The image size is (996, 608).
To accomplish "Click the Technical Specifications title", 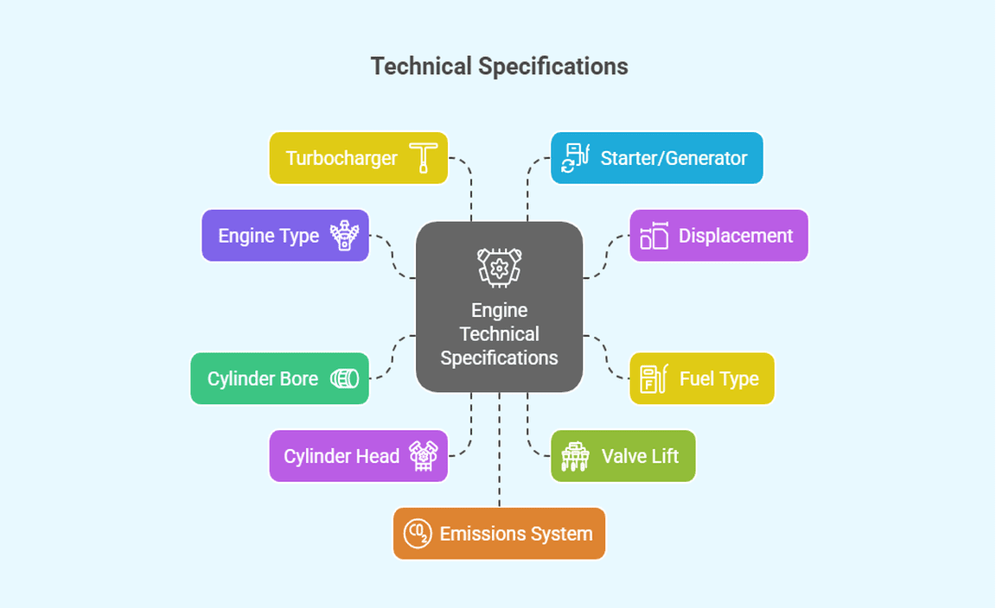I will pyautogui.click(x=499, y=66).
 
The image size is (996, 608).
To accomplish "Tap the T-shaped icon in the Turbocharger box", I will pyautogui.click(x=424, y=158).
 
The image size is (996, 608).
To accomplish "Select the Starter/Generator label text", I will pyautogui.click(x=674, y=158).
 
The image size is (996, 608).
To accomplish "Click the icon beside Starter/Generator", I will pyautogui.click(x=575, y=158).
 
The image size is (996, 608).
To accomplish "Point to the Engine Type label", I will pyautogui.click(x=268, y=236).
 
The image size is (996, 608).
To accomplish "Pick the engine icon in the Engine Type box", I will pyautogui.click(x=344, y=236).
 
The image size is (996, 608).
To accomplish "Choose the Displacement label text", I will pyautogui.click(x=735, y=236).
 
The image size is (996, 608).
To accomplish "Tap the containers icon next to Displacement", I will pyautogui.click(x=654, y=236).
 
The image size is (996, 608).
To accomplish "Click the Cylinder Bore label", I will pyautogui.click(x=263, y=378).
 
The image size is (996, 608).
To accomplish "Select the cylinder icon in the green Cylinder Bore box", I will pyautogui.click(x=344, y=378).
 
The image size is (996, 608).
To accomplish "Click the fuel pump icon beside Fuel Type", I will pyautogui.click(x=653, y=378).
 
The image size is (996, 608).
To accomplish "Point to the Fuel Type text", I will pyautogui.click(x=718, y=378).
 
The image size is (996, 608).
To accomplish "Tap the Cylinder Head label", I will pyautogui.click(x=342, y=456).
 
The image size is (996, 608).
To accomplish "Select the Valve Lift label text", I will pyautogui.click(x=640, y=456).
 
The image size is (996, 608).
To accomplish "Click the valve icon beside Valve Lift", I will pyautogui.click(x=575, y=456).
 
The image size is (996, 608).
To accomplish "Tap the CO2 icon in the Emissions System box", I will pyautogui.click(x=417, y=534).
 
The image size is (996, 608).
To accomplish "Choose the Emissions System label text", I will pyautogui.click(x=516, y=534).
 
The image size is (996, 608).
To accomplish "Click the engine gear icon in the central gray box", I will pyautogui.click(x=499, y=266).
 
